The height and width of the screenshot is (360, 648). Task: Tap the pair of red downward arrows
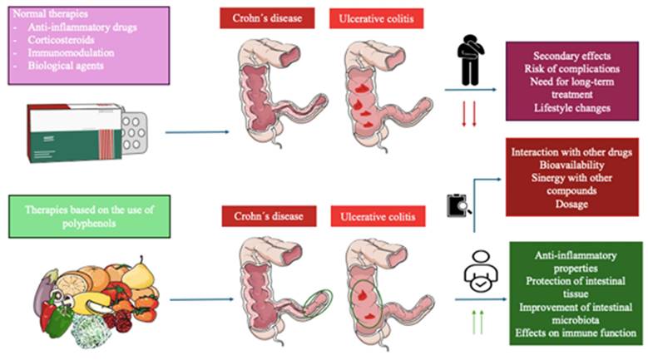[x=468, y=115]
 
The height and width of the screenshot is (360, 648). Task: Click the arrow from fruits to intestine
[x=197, y=301]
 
